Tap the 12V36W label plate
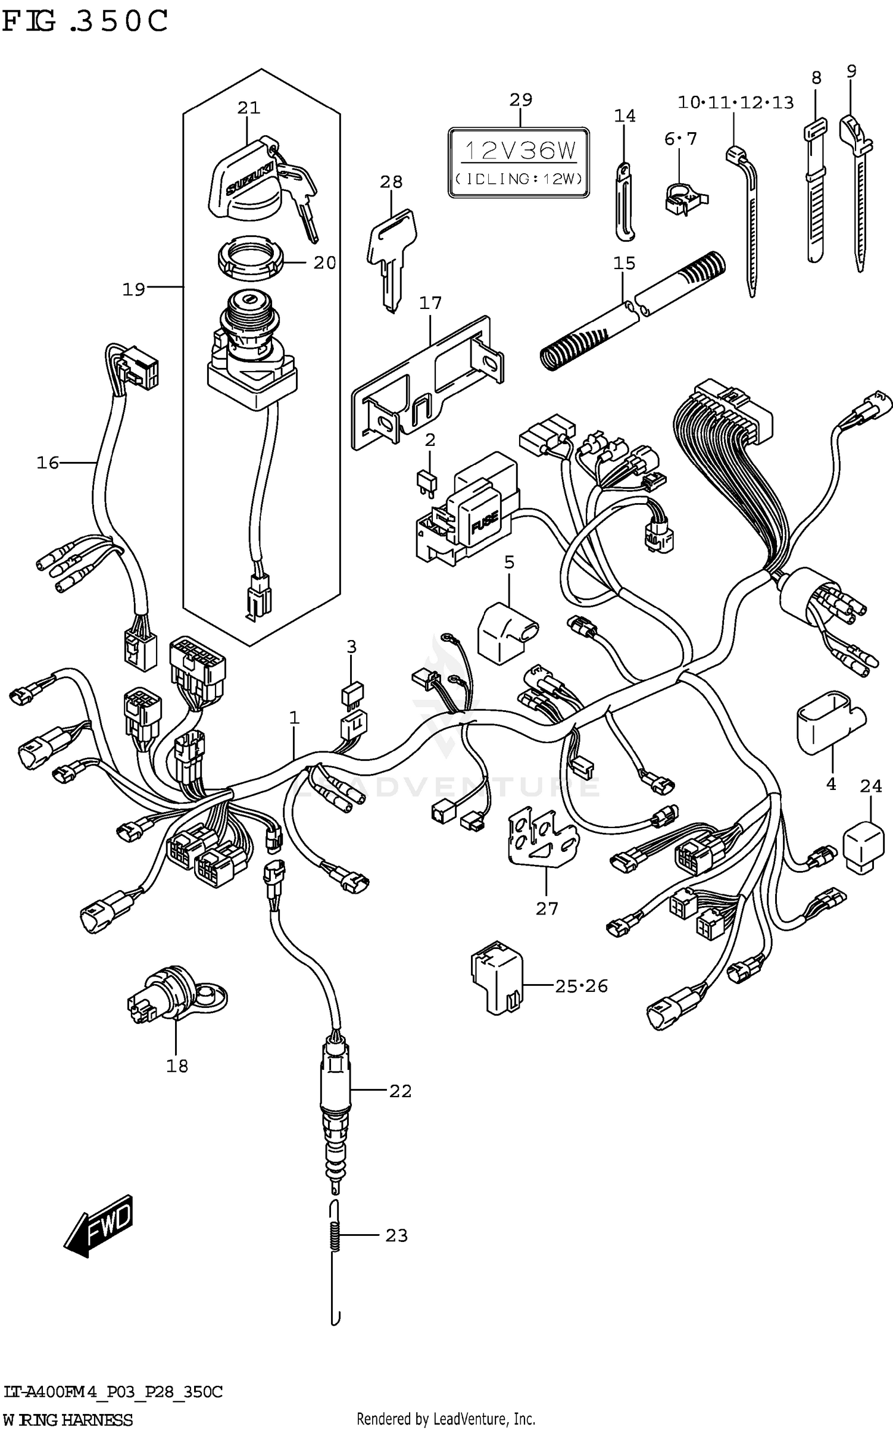coord(519,162)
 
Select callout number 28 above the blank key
coord(391,182)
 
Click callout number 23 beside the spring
coord(396,1235)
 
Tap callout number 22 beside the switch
coord(400,1091)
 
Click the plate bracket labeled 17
coord(426,382)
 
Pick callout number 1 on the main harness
coord(294,718)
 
